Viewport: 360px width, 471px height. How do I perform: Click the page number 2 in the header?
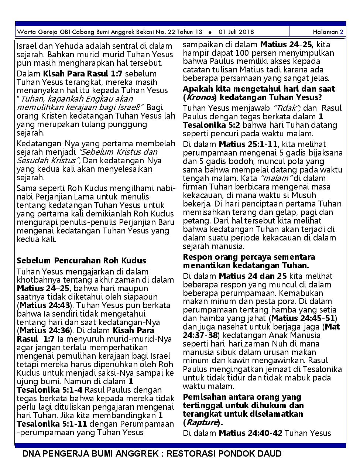342,32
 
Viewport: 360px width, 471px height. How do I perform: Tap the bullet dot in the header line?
210,32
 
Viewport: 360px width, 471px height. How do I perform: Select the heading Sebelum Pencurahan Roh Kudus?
81,260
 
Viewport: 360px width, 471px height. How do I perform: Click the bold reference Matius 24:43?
46,305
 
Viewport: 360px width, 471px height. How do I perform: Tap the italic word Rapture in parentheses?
201,423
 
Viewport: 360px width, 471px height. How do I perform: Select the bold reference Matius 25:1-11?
248,144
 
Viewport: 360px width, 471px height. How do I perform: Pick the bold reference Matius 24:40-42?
251,433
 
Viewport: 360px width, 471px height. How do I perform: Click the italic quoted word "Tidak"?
287,108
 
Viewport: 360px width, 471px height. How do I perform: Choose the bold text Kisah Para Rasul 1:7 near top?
83,74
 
